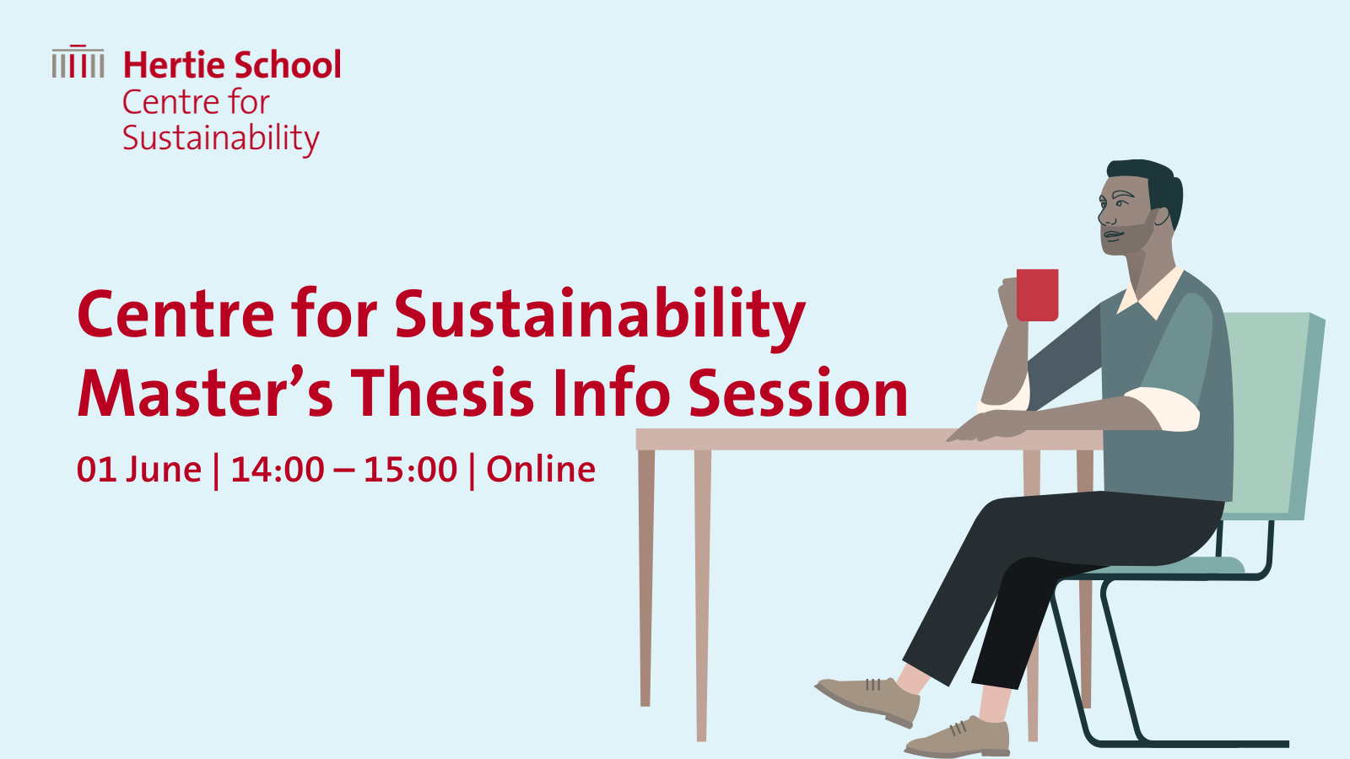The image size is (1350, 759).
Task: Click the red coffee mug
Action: (1037, 295)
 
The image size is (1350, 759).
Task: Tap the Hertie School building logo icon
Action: (78, 62)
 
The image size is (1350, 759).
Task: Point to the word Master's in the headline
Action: (206, 393)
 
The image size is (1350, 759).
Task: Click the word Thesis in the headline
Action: (443, 393)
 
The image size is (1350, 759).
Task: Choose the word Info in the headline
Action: (612, 393)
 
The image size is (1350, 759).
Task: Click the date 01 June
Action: (139, 470)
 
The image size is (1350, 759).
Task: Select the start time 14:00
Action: (278, 470)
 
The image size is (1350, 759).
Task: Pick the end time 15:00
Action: (410, 470)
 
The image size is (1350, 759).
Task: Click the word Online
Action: (541, 469)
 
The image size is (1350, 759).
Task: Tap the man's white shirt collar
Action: (1150, 293)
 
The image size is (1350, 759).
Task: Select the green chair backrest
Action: (1272, 416)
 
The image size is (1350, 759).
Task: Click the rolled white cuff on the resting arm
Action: (1164, 409)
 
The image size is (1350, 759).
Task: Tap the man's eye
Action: (1121, 204)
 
